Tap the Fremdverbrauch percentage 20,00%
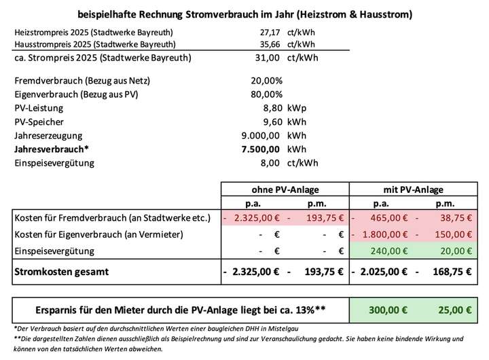[x=266, y=81]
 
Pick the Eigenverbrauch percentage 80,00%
[x=266, y=94]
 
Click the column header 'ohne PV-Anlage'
[x=286, y=190]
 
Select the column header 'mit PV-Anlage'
[x=412, y=190]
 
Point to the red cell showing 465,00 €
[x=388, y=219]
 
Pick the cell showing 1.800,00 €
[x=383, y=234]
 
